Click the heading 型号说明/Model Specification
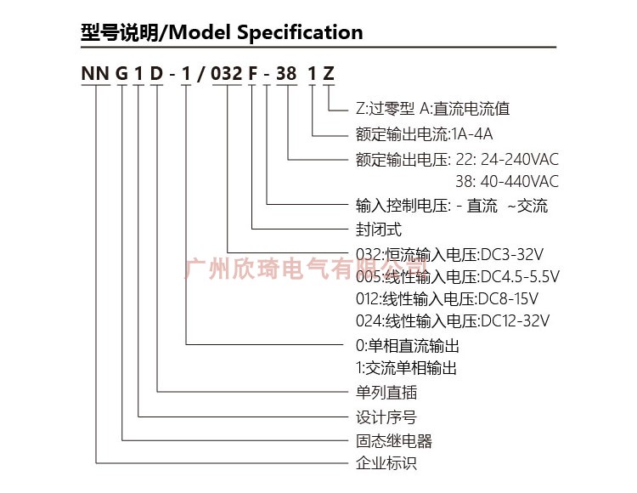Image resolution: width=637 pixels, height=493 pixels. coord(221,32)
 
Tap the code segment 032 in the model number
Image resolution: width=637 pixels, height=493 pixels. coord(227,73)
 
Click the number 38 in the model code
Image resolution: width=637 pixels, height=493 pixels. coord(286,73)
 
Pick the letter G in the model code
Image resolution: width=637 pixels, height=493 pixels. coord(122,73)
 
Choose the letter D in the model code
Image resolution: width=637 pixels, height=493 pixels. coord(157,73)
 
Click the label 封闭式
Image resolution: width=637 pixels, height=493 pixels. coord(379,229)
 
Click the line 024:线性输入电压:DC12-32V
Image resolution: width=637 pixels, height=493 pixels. coord(453,320)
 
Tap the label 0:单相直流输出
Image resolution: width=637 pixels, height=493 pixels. coord(408,346)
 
